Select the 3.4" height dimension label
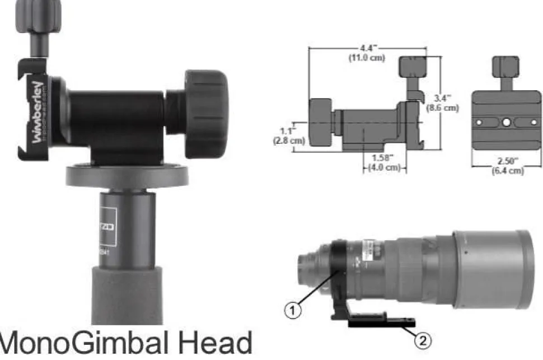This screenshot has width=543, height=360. (x=442, y=97)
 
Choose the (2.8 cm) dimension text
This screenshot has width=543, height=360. (x=288, y=141)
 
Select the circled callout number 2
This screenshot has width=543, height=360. (x=423, y=338)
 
